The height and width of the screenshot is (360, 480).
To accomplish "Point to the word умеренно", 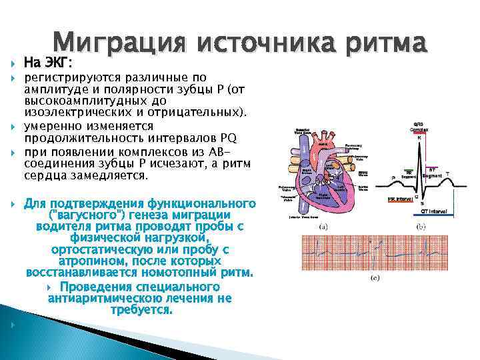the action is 52,126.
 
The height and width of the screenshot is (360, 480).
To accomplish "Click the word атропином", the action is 90,261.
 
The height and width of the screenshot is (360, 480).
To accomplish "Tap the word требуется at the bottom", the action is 141,311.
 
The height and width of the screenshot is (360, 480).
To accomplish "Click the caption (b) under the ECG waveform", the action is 421,226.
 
